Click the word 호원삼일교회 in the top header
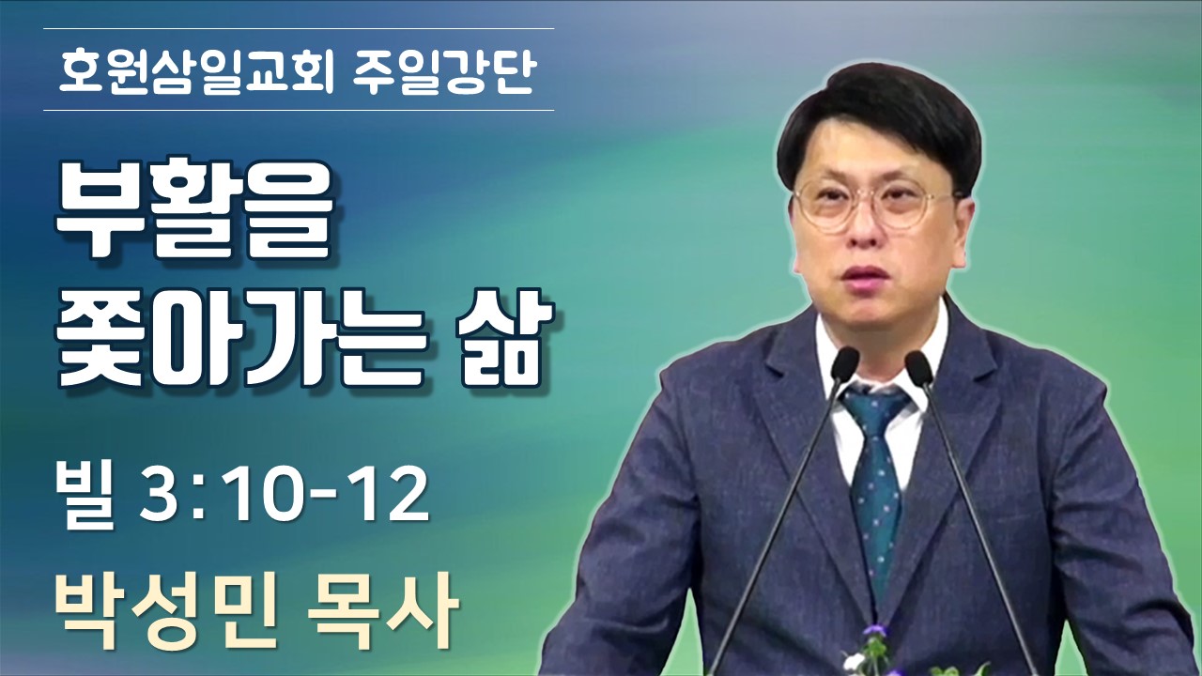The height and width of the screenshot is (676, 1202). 196,71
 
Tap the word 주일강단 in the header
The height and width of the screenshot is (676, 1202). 446,71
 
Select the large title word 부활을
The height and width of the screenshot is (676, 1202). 193,210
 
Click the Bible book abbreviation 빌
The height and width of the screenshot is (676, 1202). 85,496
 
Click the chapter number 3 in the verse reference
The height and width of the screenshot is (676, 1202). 156,497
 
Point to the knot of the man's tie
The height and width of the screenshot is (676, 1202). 873,410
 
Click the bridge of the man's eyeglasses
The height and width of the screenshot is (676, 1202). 876,197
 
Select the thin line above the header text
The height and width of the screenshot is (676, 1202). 299,28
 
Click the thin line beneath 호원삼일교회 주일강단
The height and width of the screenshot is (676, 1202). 299,111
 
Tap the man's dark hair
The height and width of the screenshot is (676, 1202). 880,123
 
